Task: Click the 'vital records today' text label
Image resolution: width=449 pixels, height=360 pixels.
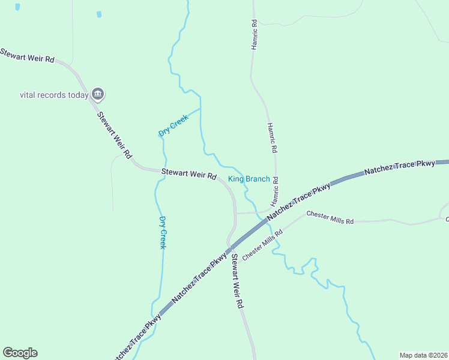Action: pos(54,95)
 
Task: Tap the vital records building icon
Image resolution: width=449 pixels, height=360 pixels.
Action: pos(98,94)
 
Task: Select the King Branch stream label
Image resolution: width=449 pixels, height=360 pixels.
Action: pos(249,179)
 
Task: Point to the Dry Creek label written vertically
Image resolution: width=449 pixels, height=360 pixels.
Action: pos(162,232)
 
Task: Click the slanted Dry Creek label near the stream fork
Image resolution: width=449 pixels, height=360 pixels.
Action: pos(173,125)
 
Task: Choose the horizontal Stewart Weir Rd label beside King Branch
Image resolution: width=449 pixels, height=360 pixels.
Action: pos(188,175)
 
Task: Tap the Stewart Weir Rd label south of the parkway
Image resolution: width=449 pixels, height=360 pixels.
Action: pos(237,281)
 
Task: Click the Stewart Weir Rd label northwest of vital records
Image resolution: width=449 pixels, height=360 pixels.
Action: pos(28,56)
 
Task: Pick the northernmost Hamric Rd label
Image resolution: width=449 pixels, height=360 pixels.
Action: pos(254,34)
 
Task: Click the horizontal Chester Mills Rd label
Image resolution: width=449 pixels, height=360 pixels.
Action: pos(330,217)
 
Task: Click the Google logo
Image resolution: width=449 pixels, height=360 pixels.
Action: pos(20,353)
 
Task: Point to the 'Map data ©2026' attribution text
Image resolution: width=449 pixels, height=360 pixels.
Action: pos(423,355)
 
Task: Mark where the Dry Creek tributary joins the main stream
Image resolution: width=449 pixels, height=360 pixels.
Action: pos(200,109)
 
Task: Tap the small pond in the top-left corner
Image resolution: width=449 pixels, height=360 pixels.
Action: pos(17,7)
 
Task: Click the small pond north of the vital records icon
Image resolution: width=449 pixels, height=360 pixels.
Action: pos(99,14)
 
